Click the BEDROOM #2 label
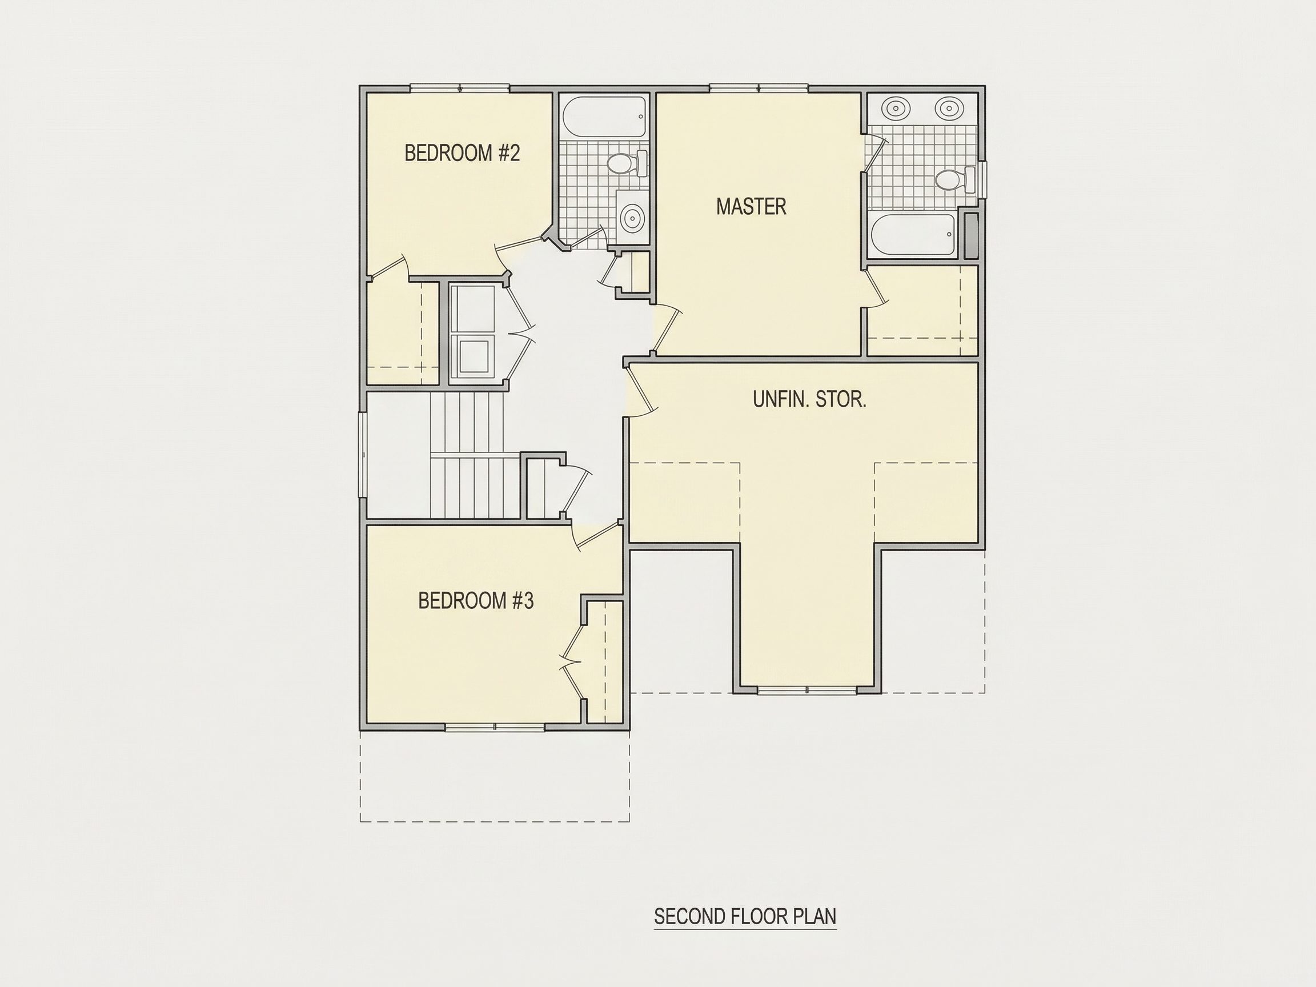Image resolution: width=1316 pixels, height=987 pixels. coord(462,153)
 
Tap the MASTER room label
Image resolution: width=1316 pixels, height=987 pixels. coord(752,206)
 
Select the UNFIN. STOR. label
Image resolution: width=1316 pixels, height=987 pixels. coord(810,399)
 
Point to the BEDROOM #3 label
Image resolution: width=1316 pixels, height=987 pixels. coord(476,601)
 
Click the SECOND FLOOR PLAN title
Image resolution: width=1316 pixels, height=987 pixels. coord(745,916)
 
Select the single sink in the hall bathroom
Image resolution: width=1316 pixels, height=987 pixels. coord(631,218)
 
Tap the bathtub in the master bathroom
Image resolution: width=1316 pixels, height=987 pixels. coord(913,234)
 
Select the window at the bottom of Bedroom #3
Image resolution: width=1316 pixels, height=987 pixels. coord(495,727)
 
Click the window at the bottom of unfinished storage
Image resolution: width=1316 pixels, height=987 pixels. coord(807,690)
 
